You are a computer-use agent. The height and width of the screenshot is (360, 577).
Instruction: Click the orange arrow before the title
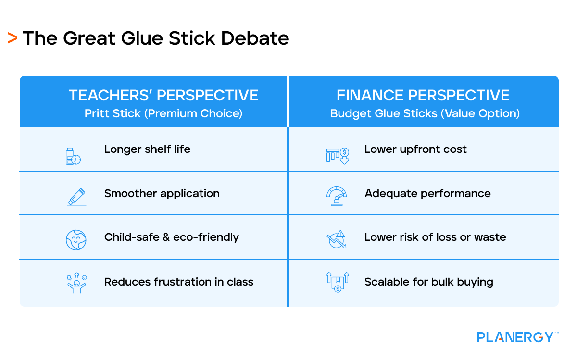[13, 38]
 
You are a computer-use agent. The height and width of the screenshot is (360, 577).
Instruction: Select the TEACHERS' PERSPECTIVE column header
[163, 95]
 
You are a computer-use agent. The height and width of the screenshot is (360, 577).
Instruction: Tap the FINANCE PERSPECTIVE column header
[423, 95]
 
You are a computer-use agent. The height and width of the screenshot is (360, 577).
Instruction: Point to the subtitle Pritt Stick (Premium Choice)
[163, 113]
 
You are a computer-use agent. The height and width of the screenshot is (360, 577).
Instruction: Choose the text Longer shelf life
[147, 149]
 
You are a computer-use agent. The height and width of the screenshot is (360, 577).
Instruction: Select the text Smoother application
[162, 194]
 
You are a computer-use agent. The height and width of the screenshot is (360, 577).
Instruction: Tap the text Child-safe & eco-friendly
[171, 237]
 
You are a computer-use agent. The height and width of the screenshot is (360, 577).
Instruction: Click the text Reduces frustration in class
[178, 282]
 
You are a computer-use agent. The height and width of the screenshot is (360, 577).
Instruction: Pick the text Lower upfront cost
[415, 149]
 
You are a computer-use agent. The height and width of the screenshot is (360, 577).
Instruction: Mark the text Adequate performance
[427, 194]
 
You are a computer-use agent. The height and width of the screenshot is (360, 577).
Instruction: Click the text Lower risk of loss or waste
[435, 237]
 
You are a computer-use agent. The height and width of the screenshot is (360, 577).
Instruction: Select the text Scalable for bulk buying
[428, 282]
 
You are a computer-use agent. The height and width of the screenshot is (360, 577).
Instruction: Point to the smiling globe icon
[76, 239]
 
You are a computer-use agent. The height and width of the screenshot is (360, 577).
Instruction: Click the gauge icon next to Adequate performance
[337, 196]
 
